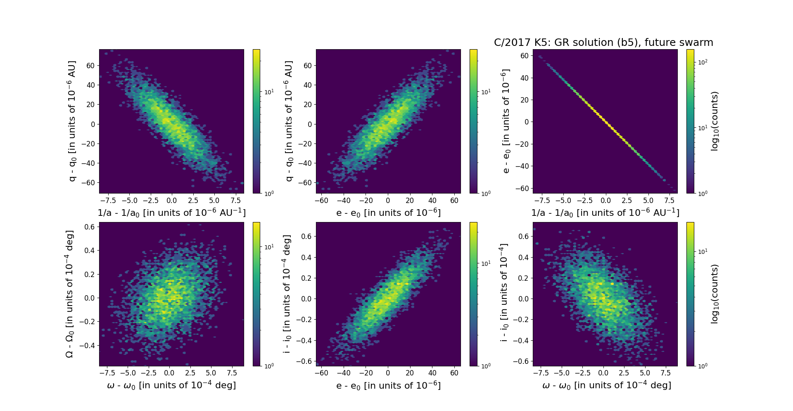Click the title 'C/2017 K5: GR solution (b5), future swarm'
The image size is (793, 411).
(x=603, y=43)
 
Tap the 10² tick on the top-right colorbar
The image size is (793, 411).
(x=703, y=62)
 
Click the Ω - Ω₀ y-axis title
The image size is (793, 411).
(x=69, y=294)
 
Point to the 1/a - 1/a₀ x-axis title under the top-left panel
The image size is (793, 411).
(x=171, y=213)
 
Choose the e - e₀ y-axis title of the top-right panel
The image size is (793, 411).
(x=505, y=121)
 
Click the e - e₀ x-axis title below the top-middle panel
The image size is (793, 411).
(x=388, y=213)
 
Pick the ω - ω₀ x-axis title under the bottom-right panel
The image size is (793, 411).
(x=606, y=385)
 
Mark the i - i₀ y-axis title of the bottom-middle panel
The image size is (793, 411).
(x=287, y=294)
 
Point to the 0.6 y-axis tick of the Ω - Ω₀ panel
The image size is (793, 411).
(x=90, y=227)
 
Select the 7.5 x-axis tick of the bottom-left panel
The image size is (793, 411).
(x=232, y=373)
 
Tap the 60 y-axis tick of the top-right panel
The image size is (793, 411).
(x=524, y=56)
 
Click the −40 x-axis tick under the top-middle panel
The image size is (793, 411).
(x=343, y=201)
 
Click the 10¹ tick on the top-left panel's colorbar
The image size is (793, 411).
(x=269, y=92)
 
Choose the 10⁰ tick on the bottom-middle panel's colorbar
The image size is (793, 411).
(x=486, y=366)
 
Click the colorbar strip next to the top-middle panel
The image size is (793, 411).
(x=473, y=121)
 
